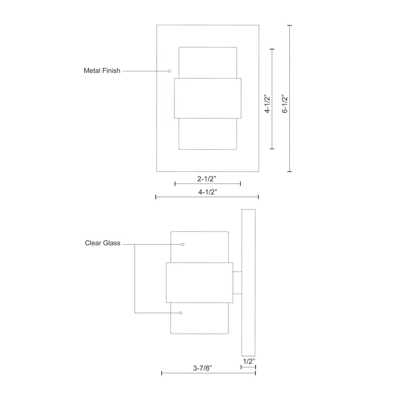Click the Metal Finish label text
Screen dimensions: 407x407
coord(102,70)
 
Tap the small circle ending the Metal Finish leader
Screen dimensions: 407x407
coord(170,71)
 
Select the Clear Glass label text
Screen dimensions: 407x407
coord(103,243)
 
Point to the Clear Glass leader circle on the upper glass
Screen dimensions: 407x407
coord(183,244)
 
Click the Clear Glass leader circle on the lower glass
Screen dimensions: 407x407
coord(181,313)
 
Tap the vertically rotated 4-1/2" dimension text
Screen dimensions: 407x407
coord(268,104)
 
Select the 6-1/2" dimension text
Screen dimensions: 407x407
coord(285,104)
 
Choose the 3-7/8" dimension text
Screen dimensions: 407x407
coord(202,367)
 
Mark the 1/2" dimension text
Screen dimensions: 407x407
coord(249,361)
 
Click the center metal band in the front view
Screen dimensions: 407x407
coord(208,98)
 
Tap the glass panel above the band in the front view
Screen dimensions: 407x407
coord(208,63)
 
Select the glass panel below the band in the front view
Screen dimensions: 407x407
coord(208,134)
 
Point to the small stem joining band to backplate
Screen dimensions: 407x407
coord(237,283)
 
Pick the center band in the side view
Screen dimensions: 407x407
coord(199,283)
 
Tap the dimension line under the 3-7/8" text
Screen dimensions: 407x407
coord(208,373)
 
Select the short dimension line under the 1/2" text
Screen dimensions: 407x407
coord(248,367)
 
